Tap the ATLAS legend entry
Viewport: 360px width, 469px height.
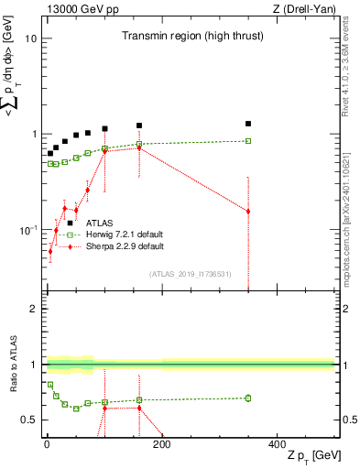pos(100,223)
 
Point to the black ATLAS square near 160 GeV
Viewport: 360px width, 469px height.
pos(139,125)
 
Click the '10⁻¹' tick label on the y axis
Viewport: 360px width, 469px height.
pos(27,229)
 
